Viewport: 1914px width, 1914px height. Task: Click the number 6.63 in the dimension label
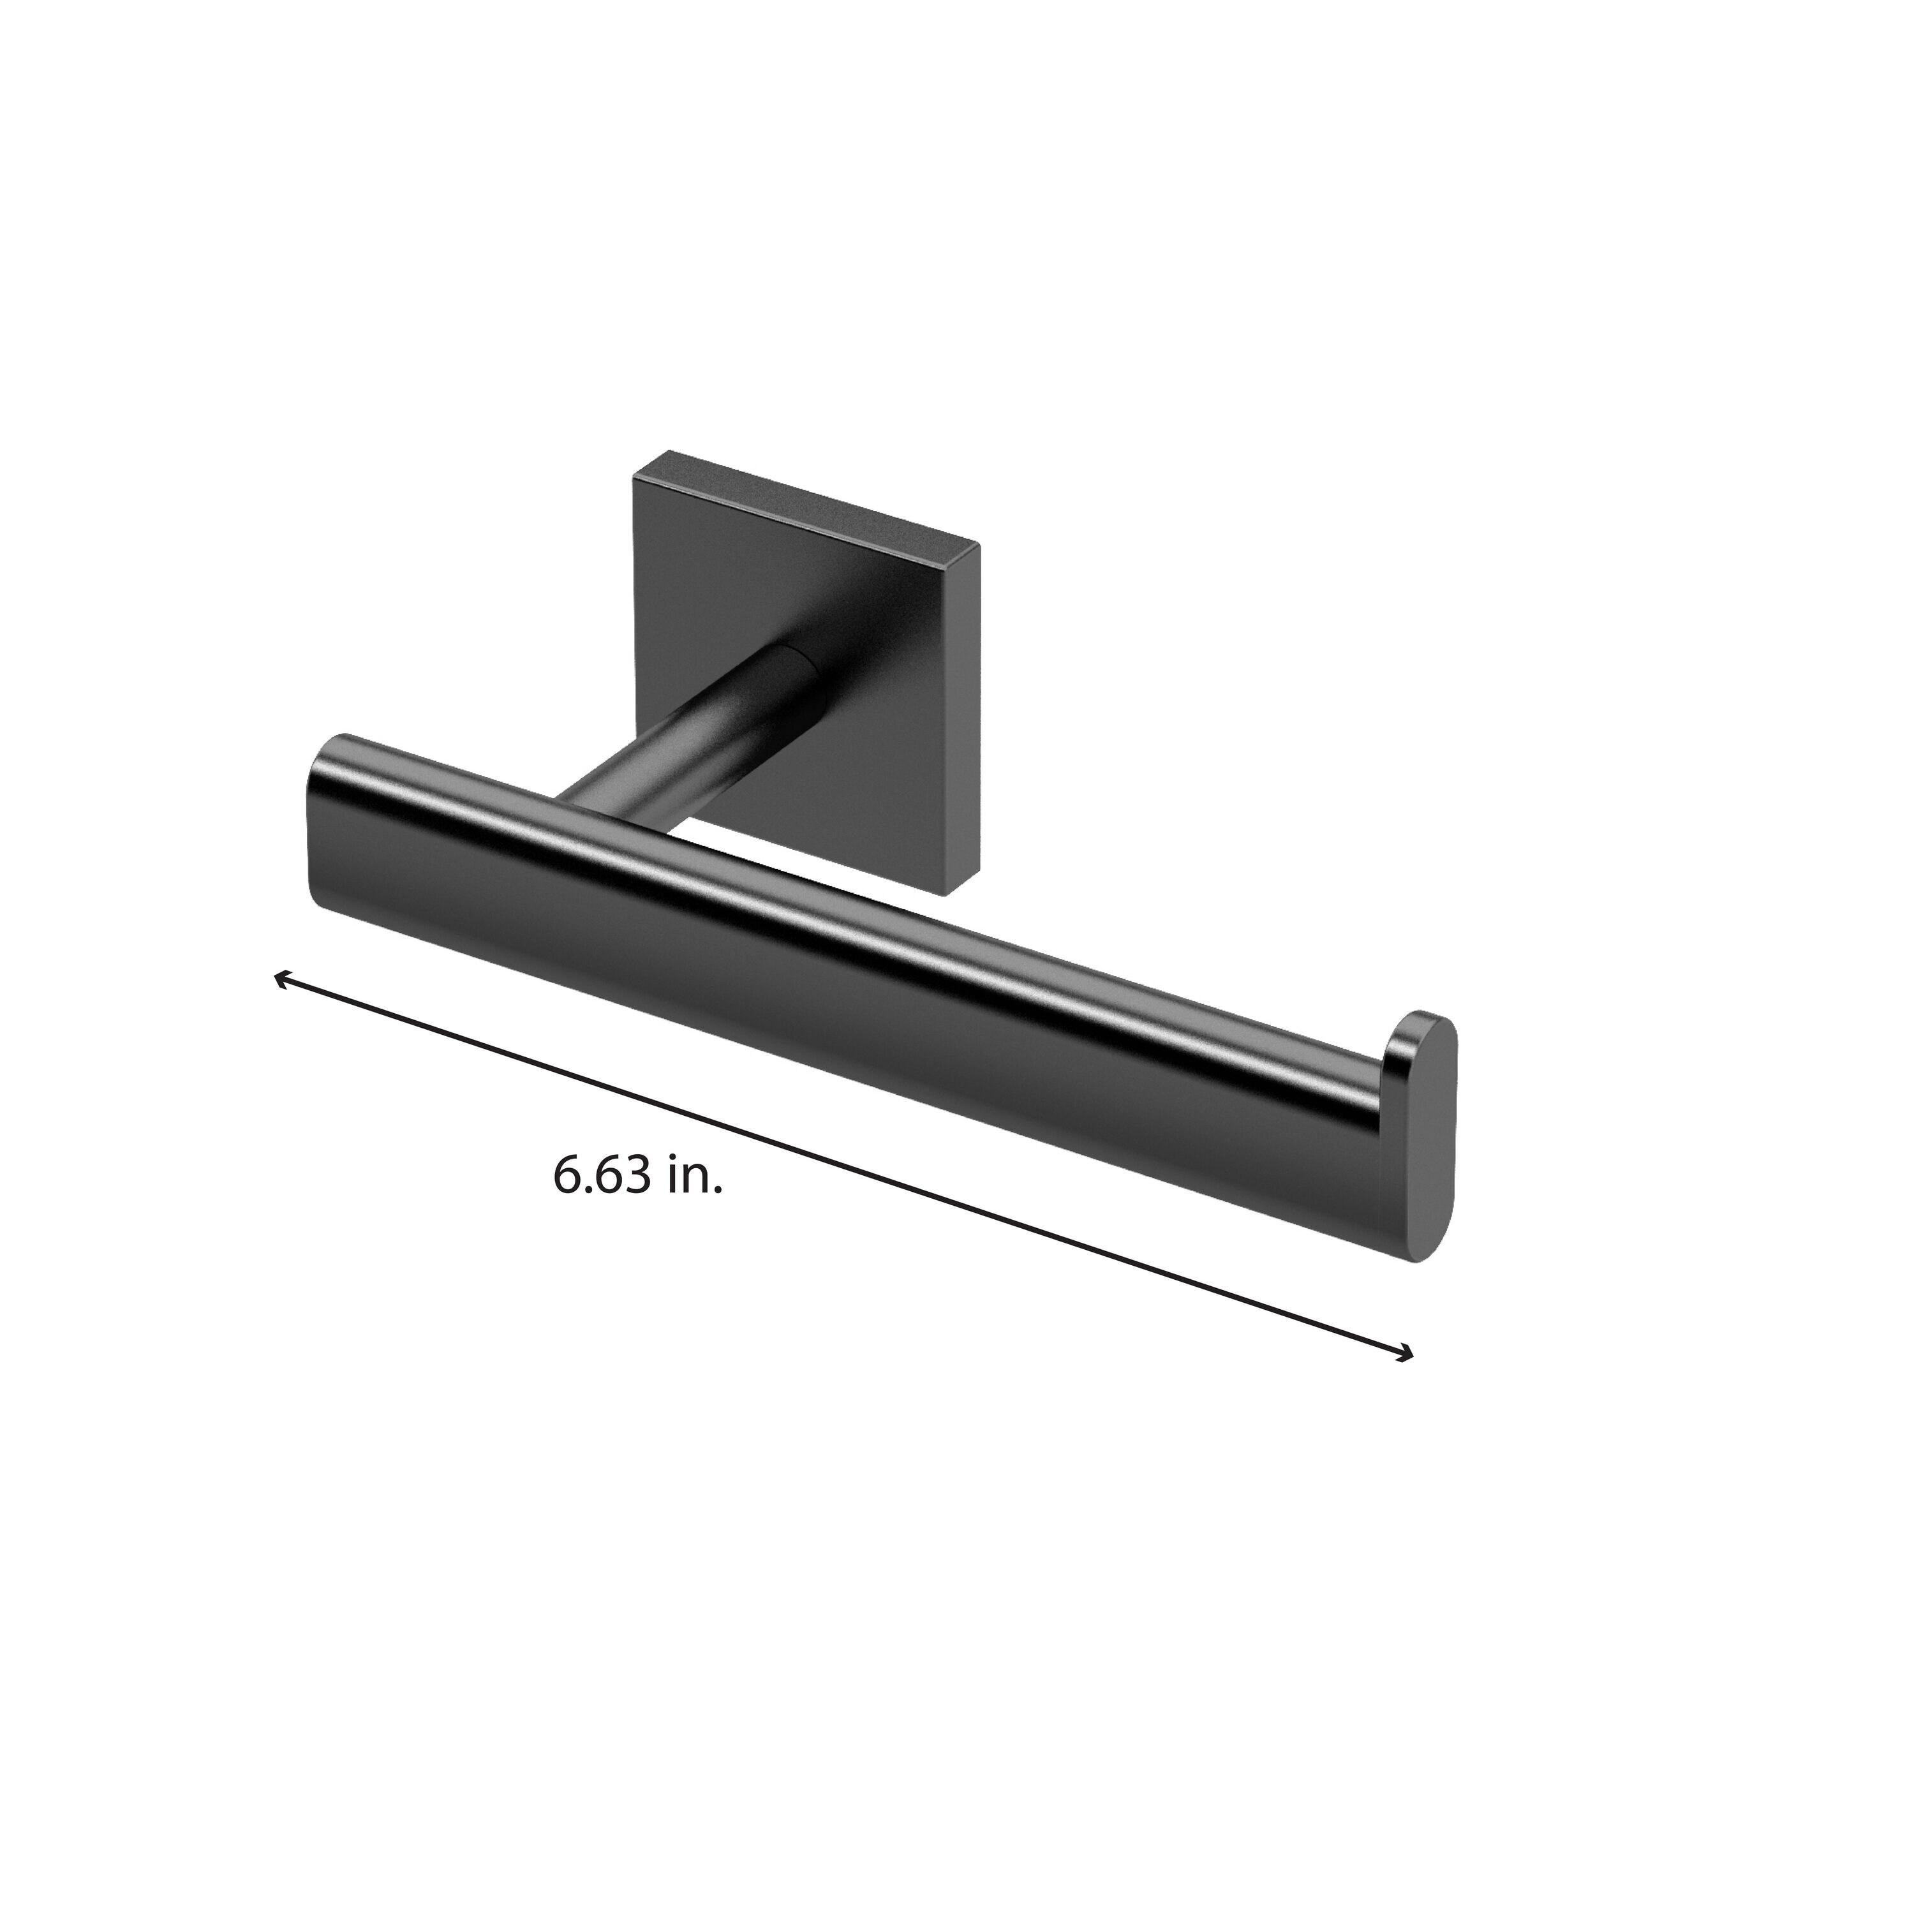point(602,1176)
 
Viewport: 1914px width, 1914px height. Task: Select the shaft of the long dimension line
point(842,1167)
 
